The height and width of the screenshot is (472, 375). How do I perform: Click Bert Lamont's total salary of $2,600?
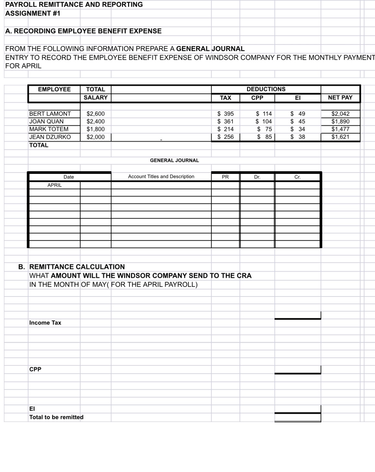click(95, 114)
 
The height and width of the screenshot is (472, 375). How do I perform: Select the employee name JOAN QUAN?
click(46, 122)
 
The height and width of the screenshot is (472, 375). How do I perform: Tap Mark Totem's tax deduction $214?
click(225, 129)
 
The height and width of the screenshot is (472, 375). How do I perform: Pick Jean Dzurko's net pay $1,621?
click(340, 137)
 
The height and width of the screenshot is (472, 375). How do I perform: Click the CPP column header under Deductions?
click(257, 98)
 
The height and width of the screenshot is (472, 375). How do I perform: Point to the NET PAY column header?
click(340, 98)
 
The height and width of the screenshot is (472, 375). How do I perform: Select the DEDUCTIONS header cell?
click(266, 89)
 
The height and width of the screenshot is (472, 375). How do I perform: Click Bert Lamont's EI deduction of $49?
click(297, 114)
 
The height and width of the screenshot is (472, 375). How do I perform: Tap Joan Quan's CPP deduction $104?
click(264, 122)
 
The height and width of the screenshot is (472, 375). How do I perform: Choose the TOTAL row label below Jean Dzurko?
click(39, 145)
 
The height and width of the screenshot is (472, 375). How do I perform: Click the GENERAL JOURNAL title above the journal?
click(174, 161)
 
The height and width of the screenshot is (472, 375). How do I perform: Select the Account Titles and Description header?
click(161, 177)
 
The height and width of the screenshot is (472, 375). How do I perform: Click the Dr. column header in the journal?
click(257, 177)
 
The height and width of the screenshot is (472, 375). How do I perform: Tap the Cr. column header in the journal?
click(297, 177)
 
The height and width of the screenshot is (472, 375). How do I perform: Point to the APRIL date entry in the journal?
click(54, 185)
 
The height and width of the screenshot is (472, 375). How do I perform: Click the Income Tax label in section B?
click(45, 323)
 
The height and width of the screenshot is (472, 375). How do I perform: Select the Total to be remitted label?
click(56, 417)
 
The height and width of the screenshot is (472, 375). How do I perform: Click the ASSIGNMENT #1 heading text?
click(33, 14)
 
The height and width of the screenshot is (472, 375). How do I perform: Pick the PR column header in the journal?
click(225, 177)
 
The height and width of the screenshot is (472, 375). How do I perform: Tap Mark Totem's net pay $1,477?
click(340, 129)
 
